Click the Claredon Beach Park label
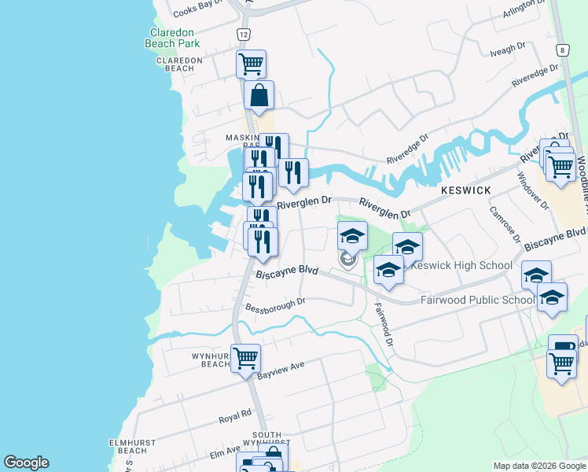pyautogui.click(x=173, y=38)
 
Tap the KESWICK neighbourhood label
pyautogui.click(x=465, y=191)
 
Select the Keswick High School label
pyautogui.click(x=462, y=265)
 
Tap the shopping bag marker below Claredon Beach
pyautogui.click(x=259, y=96)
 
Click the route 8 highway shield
pyautogui.click(x=562, y=50)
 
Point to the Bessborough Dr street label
pyautogui.click(x=274, y=304)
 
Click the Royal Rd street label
pyautogui.click(x=234, y=413)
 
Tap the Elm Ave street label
pyautogui.click(x=226, y=451)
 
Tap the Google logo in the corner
pyautogui.click(x=26, y=463)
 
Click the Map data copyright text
pyautogui.click(x=538, y=466)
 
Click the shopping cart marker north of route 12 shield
pyautogui.click(x=251, y=64)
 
